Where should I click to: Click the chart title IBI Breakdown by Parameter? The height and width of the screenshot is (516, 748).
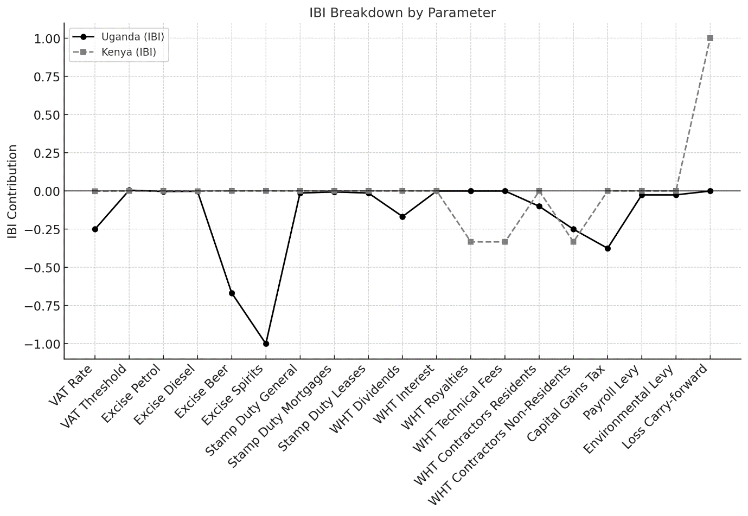402,12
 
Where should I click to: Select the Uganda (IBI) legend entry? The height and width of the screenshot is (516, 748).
132,37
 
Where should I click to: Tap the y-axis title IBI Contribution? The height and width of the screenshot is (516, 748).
12,191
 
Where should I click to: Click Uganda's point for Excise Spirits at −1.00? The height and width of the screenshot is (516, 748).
266,344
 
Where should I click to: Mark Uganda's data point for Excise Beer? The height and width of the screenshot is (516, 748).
232,293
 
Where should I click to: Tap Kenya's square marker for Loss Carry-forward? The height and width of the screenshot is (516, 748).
710,38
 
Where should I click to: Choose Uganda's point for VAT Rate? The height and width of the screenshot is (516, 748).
95,229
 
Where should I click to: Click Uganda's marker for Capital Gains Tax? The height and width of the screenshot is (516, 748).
608,248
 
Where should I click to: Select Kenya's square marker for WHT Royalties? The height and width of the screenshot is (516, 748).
471,242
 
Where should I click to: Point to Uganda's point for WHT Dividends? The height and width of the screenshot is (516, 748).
402,217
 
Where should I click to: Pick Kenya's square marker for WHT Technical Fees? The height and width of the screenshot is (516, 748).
505,242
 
